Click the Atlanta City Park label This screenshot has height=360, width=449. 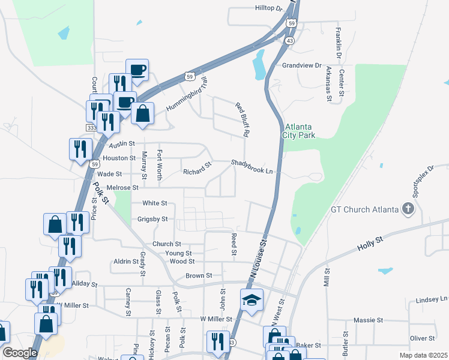pyautogui.click(x=299, y=131)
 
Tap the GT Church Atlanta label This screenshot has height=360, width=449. pyautogui.click(x=365, y=209)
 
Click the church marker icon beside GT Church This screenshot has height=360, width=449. pyautogui.click(x=408, y=209)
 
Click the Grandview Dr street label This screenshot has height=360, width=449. pyautogui.click(x=302, y=65)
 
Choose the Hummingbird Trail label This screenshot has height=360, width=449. pyautogui.click(x=187, y=94)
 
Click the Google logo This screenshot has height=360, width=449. pyautogui.click(x=20, y=353)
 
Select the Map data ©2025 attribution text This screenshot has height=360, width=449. pyautogui.click(x=423, y=355)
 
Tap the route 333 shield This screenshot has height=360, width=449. pyautogui.click(x=91, y=128)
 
